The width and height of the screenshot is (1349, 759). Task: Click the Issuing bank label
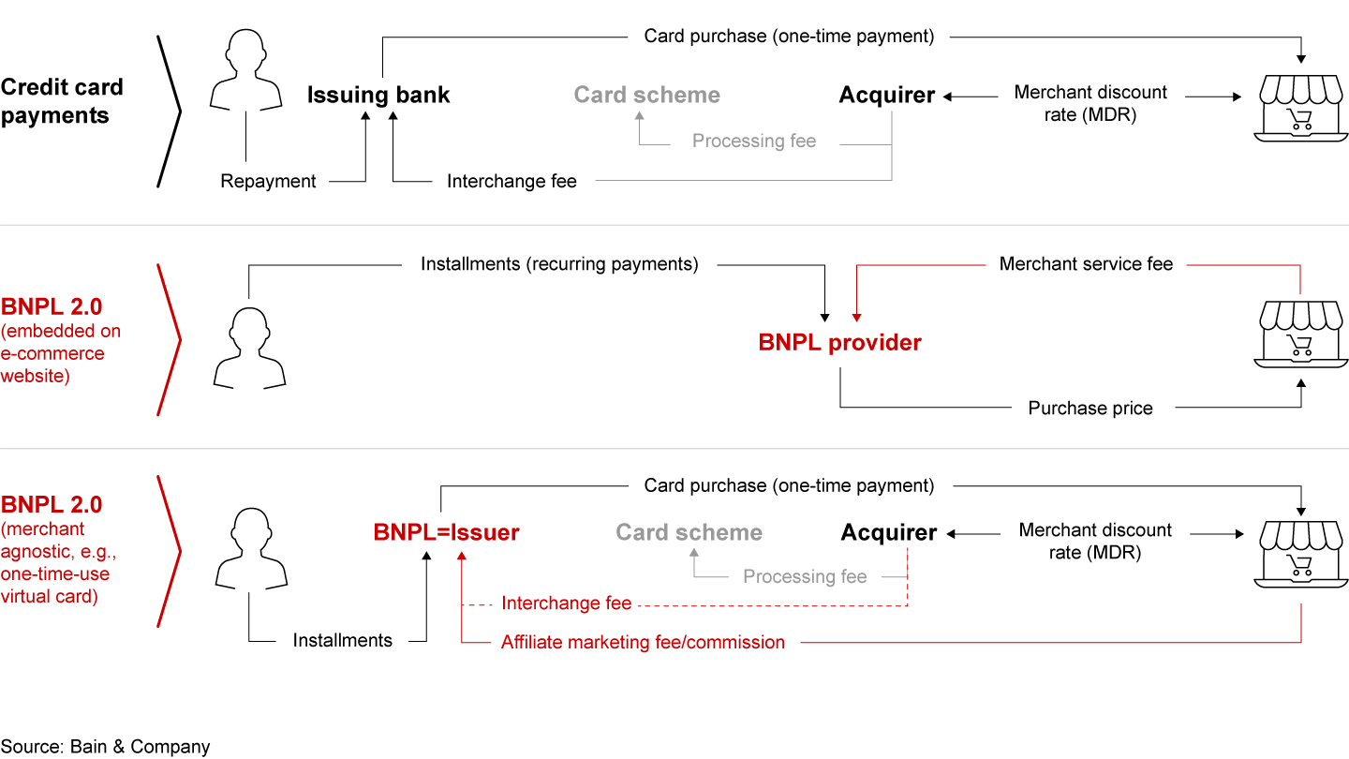(378, 95)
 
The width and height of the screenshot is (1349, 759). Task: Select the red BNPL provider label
(839, 343)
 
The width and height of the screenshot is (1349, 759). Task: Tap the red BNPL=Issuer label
(446, 532)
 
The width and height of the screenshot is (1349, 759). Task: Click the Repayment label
(268, 181)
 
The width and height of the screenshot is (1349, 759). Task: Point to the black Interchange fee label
(511, 181)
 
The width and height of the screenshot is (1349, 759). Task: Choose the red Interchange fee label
(566, 603)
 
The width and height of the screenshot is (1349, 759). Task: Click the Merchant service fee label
(1086, 264)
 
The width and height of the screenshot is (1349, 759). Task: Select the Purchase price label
(1090, 408)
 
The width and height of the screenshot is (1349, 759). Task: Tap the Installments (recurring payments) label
(559, 264)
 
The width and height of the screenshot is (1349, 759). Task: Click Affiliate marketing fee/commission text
(643, 642)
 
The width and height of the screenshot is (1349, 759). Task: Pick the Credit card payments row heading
(62, 101)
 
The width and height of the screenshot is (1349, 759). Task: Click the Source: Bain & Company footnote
(105, 747)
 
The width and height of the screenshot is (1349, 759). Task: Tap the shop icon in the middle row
(1301, 335)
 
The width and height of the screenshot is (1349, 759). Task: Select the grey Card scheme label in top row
(646, 95)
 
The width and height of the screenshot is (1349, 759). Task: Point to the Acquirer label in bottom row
(888, 532)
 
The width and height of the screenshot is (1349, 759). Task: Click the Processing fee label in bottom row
(805, 576)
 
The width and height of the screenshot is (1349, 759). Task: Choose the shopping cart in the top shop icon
(1299, 119)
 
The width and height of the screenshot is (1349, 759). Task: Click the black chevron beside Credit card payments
(170, 111)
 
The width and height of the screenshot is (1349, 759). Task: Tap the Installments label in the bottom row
(342, 641)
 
